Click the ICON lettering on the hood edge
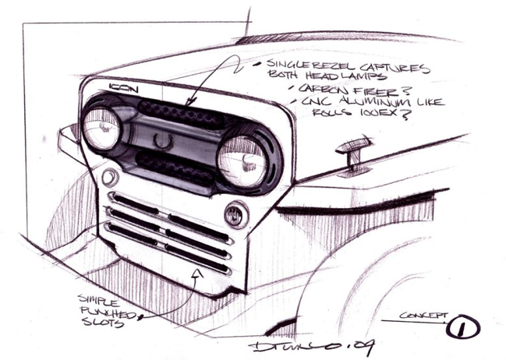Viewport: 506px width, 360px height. click(x=125, y=88)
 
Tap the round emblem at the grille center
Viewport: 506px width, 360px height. click(x=162, y=141)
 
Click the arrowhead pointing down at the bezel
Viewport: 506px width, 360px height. click(x=191, y=100)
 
